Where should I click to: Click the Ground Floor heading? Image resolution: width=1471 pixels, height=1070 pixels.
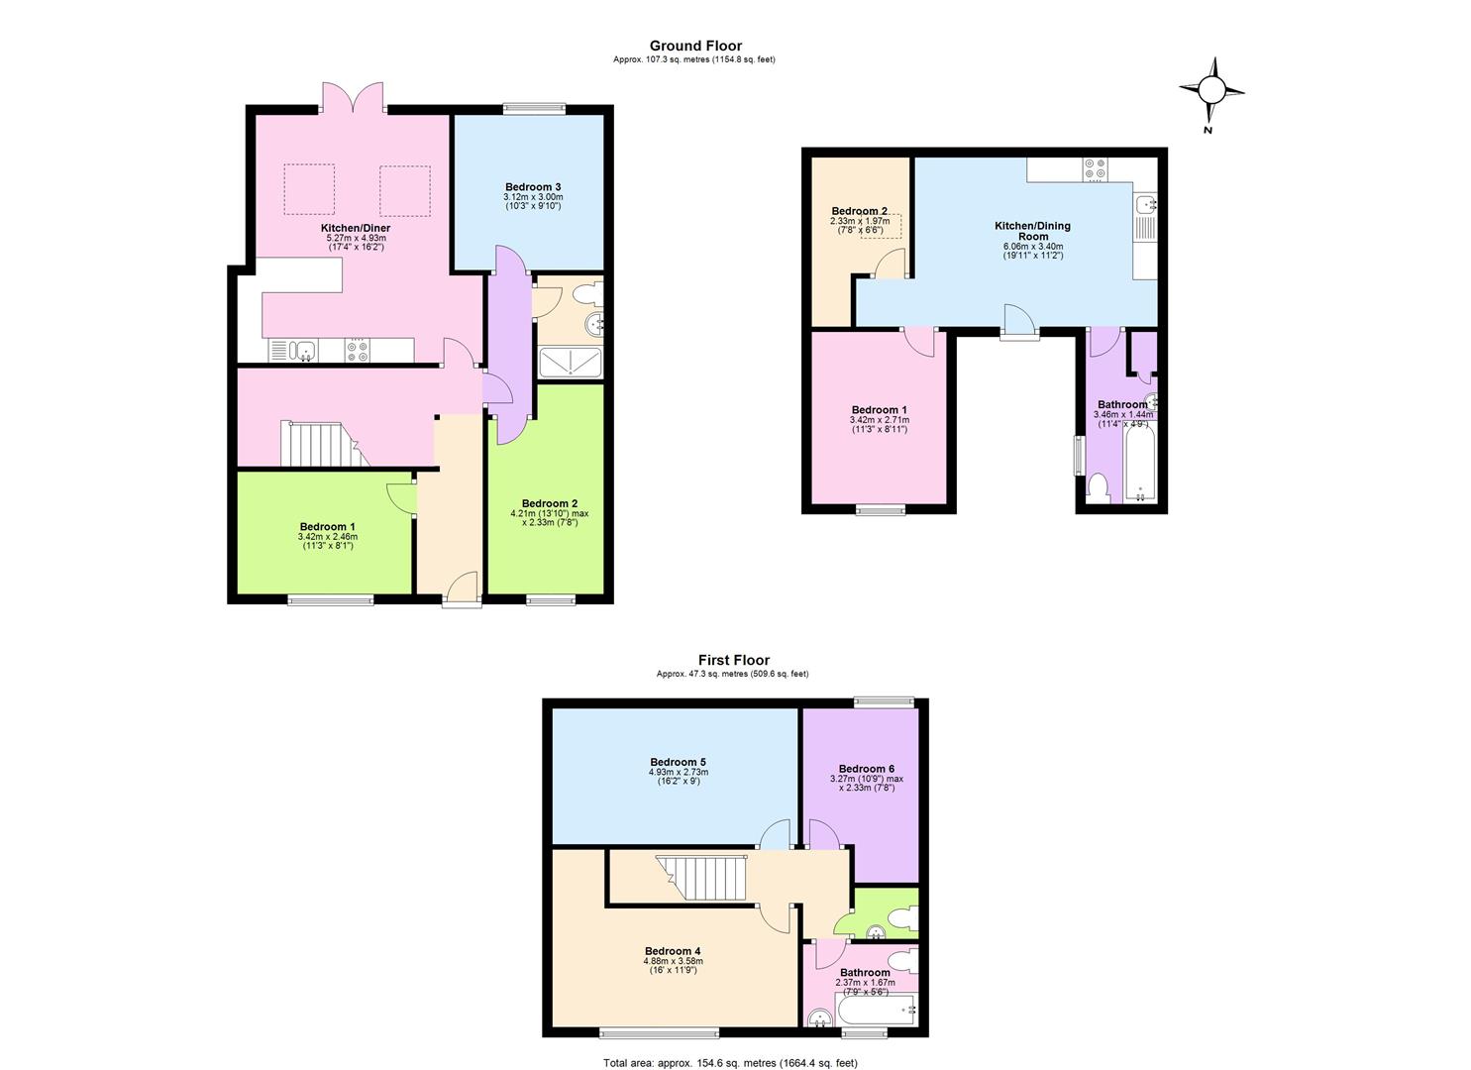coord(695,46)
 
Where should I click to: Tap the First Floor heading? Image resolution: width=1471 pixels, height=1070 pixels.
coord(733,660)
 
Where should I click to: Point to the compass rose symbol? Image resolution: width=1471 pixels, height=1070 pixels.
coord(1210,92)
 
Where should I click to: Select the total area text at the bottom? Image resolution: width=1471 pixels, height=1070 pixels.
coord(730,1063)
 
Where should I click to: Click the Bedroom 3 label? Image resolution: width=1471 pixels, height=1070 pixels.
coord(533,187)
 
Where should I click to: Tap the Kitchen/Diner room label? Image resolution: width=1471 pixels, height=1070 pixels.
coord(355,228)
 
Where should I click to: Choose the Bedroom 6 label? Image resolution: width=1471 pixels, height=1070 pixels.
coord(866,769)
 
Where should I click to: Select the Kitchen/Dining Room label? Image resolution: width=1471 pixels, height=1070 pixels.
coord(1032,231)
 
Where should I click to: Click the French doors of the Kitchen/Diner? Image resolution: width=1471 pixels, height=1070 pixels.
coord(354,97)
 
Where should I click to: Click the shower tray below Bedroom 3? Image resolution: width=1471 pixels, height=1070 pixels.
coord(570,363)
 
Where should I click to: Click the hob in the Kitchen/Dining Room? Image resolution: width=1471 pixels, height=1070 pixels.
coord(1095,169)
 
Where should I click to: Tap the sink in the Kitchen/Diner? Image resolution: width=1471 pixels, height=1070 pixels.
coord(304,350)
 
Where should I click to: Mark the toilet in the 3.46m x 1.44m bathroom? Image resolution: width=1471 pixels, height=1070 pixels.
coord(1097,486)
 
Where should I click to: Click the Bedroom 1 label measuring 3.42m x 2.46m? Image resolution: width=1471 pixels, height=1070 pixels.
coord(327,527)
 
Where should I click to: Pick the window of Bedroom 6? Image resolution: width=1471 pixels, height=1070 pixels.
coord(885,701)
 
